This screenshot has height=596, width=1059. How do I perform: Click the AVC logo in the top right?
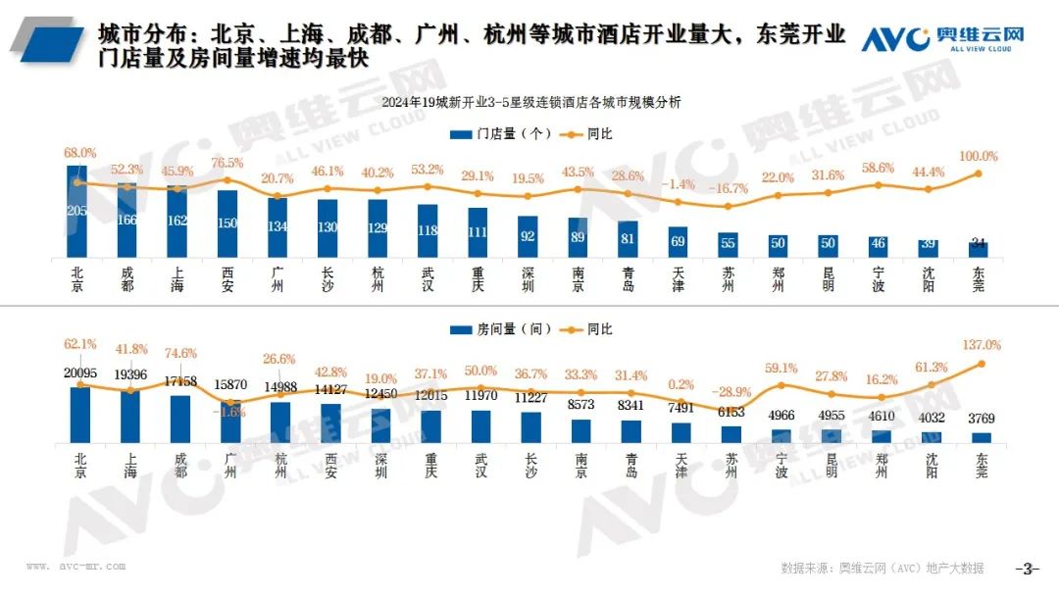942,39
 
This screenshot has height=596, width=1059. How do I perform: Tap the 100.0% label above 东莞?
978,157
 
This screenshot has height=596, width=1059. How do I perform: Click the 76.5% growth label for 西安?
227,163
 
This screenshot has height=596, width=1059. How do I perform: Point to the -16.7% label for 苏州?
728,188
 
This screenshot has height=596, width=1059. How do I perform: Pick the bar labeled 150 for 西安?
227,224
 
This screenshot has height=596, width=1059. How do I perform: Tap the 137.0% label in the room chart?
981,345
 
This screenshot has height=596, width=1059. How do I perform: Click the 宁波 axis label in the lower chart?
781,465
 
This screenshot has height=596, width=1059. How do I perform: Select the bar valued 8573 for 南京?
580,432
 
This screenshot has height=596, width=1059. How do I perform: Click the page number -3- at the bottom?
1026,568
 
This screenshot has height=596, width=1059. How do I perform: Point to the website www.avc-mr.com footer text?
76,566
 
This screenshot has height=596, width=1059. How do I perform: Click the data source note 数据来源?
882,568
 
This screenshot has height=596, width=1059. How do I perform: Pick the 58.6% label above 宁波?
878,169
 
